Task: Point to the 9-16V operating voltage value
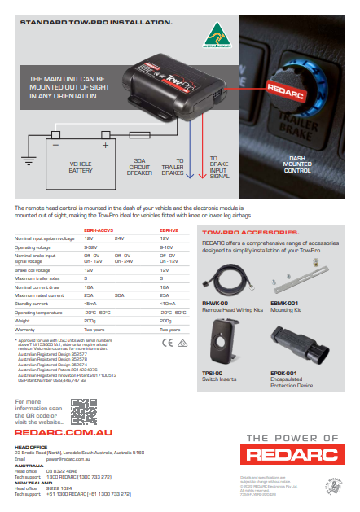[x=168, y=246]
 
